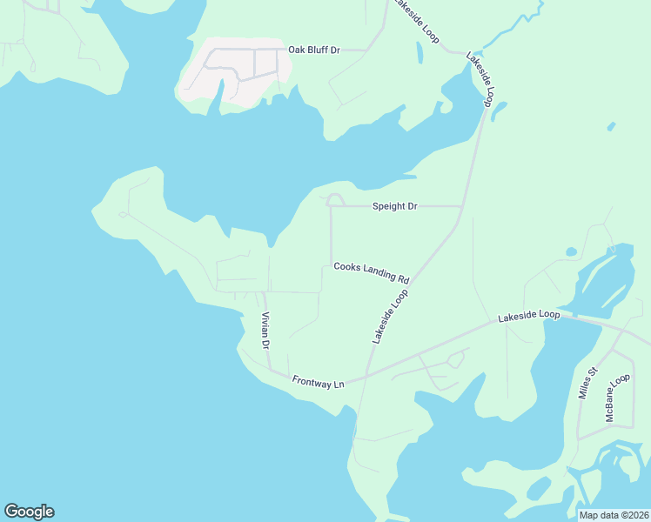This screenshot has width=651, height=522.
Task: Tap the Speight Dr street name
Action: [395, 206]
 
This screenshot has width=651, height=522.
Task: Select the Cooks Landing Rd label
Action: [372, 272]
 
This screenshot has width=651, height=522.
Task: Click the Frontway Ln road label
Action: [319, 382]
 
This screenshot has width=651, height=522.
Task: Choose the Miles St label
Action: [588, 382]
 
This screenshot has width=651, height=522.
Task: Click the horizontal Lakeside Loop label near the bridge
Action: [528, 318]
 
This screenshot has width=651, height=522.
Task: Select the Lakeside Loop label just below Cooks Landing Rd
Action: [390, 317]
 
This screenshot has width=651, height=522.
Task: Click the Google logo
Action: [29, 512]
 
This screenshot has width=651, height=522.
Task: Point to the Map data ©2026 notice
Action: [614, 515]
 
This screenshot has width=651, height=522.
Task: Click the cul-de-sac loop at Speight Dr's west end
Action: [335, 200]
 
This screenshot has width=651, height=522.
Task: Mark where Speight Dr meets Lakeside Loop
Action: [460, 206]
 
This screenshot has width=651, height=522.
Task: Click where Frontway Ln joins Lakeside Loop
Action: [366, 376]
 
